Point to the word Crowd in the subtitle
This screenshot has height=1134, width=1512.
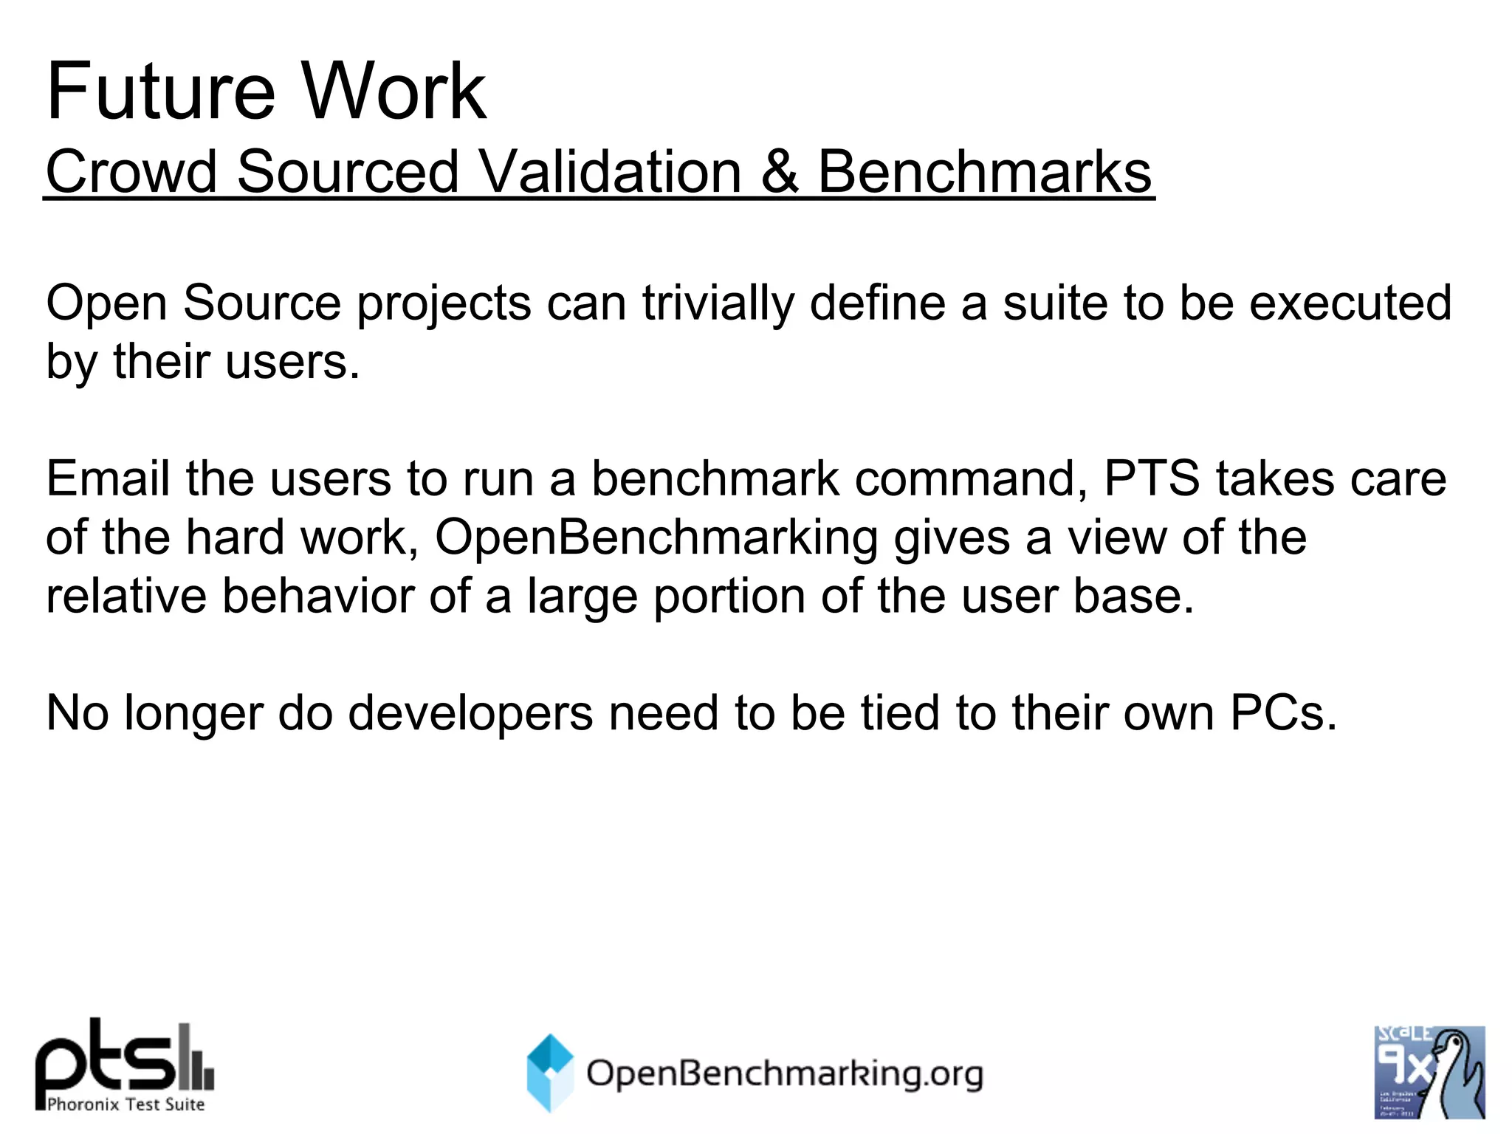point(131,172)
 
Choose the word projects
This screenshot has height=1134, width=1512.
point(444,304)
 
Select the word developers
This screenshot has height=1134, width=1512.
point(470,714)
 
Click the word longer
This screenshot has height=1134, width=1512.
point(193,714)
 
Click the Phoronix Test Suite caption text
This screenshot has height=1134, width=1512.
point(126,1104)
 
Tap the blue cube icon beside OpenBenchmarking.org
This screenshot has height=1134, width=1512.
point(550,1072)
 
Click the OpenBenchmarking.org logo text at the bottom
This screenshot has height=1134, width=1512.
point(784,1073)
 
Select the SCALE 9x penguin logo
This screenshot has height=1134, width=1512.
point(1429,1072)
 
